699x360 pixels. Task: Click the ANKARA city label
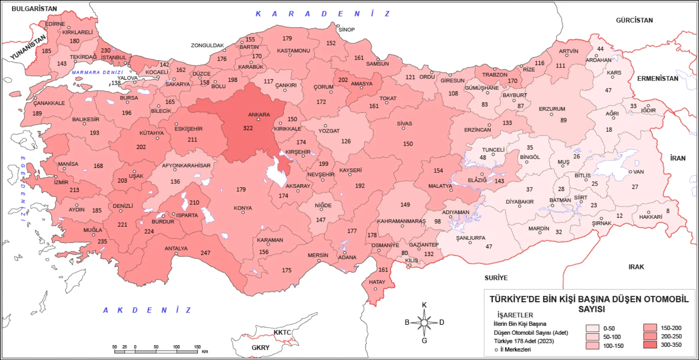coord(259,115)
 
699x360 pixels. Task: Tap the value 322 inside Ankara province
coord(248,128)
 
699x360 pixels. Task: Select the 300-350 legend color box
coord(650,344)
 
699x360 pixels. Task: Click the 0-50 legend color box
coord(592,329)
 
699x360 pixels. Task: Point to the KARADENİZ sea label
coord(322,14)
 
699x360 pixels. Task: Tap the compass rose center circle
coord(424,323)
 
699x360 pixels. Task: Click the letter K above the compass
coord(424,305)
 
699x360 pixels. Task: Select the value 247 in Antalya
coord(205,253)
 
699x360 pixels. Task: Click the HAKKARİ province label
coord(650,217)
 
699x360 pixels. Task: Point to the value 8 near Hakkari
coord(668,211)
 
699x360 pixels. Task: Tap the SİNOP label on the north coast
coord(346,30)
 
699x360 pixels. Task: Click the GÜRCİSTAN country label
coord(634,20)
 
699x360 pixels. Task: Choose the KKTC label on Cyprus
coord(282,332)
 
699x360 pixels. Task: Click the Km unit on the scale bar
coord(204,352)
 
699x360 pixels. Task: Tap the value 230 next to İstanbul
coord(106,50)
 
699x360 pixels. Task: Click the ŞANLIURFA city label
coord(471,238)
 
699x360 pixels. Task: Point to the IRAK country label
coord(636,267)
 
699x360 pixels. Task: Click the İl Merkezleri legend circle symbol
coord(496,350)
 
